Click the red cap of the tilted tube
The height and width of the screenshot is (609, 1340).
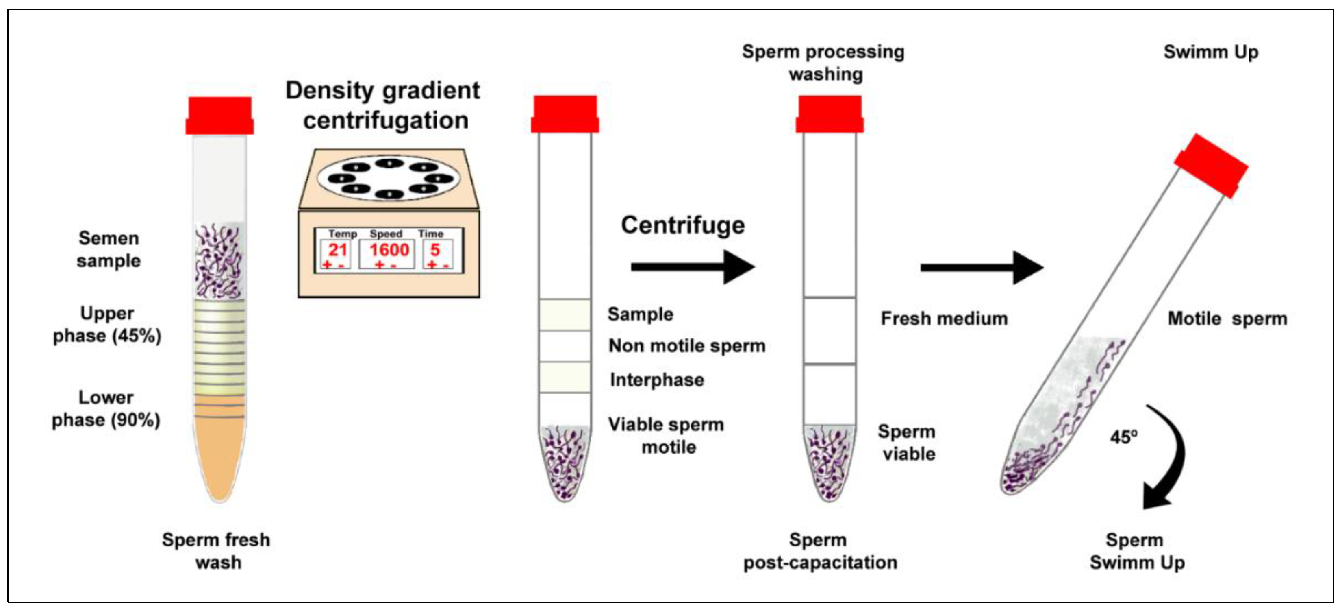(x=1210, y=166)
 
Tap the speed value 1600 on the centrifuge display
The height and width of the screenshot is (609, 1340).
(x=389, y=250)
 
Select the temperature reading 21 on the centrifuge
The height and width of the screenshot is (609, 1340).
(x=337, y=250)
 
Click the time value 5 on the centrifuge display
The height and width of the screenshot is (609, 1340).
(x=434, y=250)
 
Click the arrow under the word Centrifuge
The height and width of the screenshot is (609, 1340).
(x=692, y=267)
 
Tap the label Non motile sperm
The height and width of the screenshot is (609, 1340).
(x=686, y=346)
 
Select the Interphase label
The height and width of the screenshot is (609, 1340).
(x=656, y=380)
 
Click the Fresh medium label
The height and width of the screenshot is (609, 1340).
(x=944, y=318)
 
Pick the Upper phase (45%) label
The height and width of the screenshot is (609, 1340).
(x=106, y=324)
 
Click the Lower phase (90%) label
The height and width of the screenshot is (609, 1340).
(x=106, y=408)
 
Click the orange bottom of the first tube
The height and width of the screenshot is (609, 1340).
(x=219, y=453)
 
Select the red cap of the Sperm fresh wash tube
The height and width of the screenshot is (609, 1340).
(x=219, y=116)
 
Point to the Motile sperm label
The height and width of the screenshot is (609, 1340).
(x=1227, y=318)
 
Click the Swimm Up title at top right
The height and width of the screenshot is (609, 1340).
(x=1210, y=52)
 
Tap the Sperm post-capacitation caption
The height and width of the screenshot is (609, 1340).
(x=819, y=551)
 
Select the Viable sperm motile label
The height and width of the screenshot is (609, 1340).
(x=667, y=435)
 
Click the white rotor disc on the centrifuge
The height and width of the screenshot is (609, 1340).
(x=389, y=178)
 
